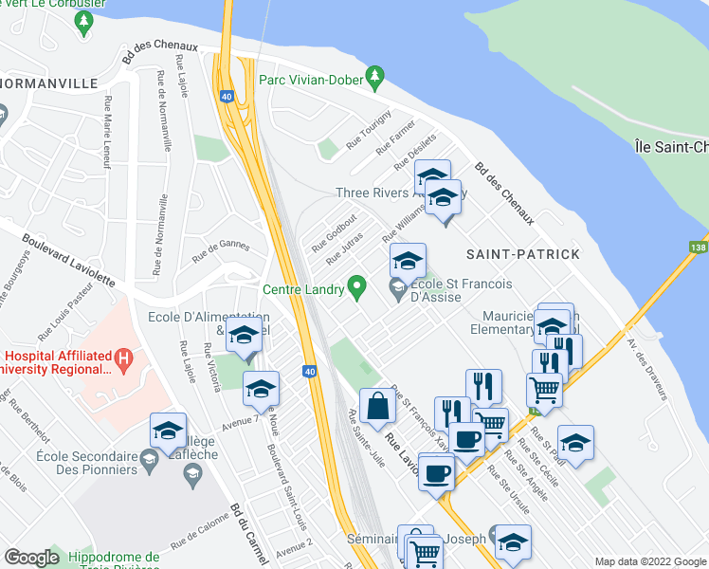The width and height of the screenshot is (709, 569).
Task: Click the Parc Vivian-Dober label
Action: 312,80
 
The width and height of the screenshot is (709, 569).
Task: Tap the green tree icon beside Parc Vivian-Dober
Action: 375,74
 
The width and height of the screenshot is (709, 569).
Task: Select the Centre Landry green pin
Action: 357,284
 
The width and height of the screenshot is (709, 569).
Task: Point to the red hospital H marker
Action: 121,359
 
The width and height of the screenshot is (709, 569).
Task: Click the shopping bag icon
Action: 377,405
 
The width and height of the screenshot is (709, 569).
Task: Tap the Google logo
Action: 31,558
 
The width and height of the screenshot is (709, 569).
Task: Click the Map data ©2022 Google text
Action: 649,561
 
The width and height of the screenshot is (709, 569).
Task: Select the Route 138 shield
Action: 697,247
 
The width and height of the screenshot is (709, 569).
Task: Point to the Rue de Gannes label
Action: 220,250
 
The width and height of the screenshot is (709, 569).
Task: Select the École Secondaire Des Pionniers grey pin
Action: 149,461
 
